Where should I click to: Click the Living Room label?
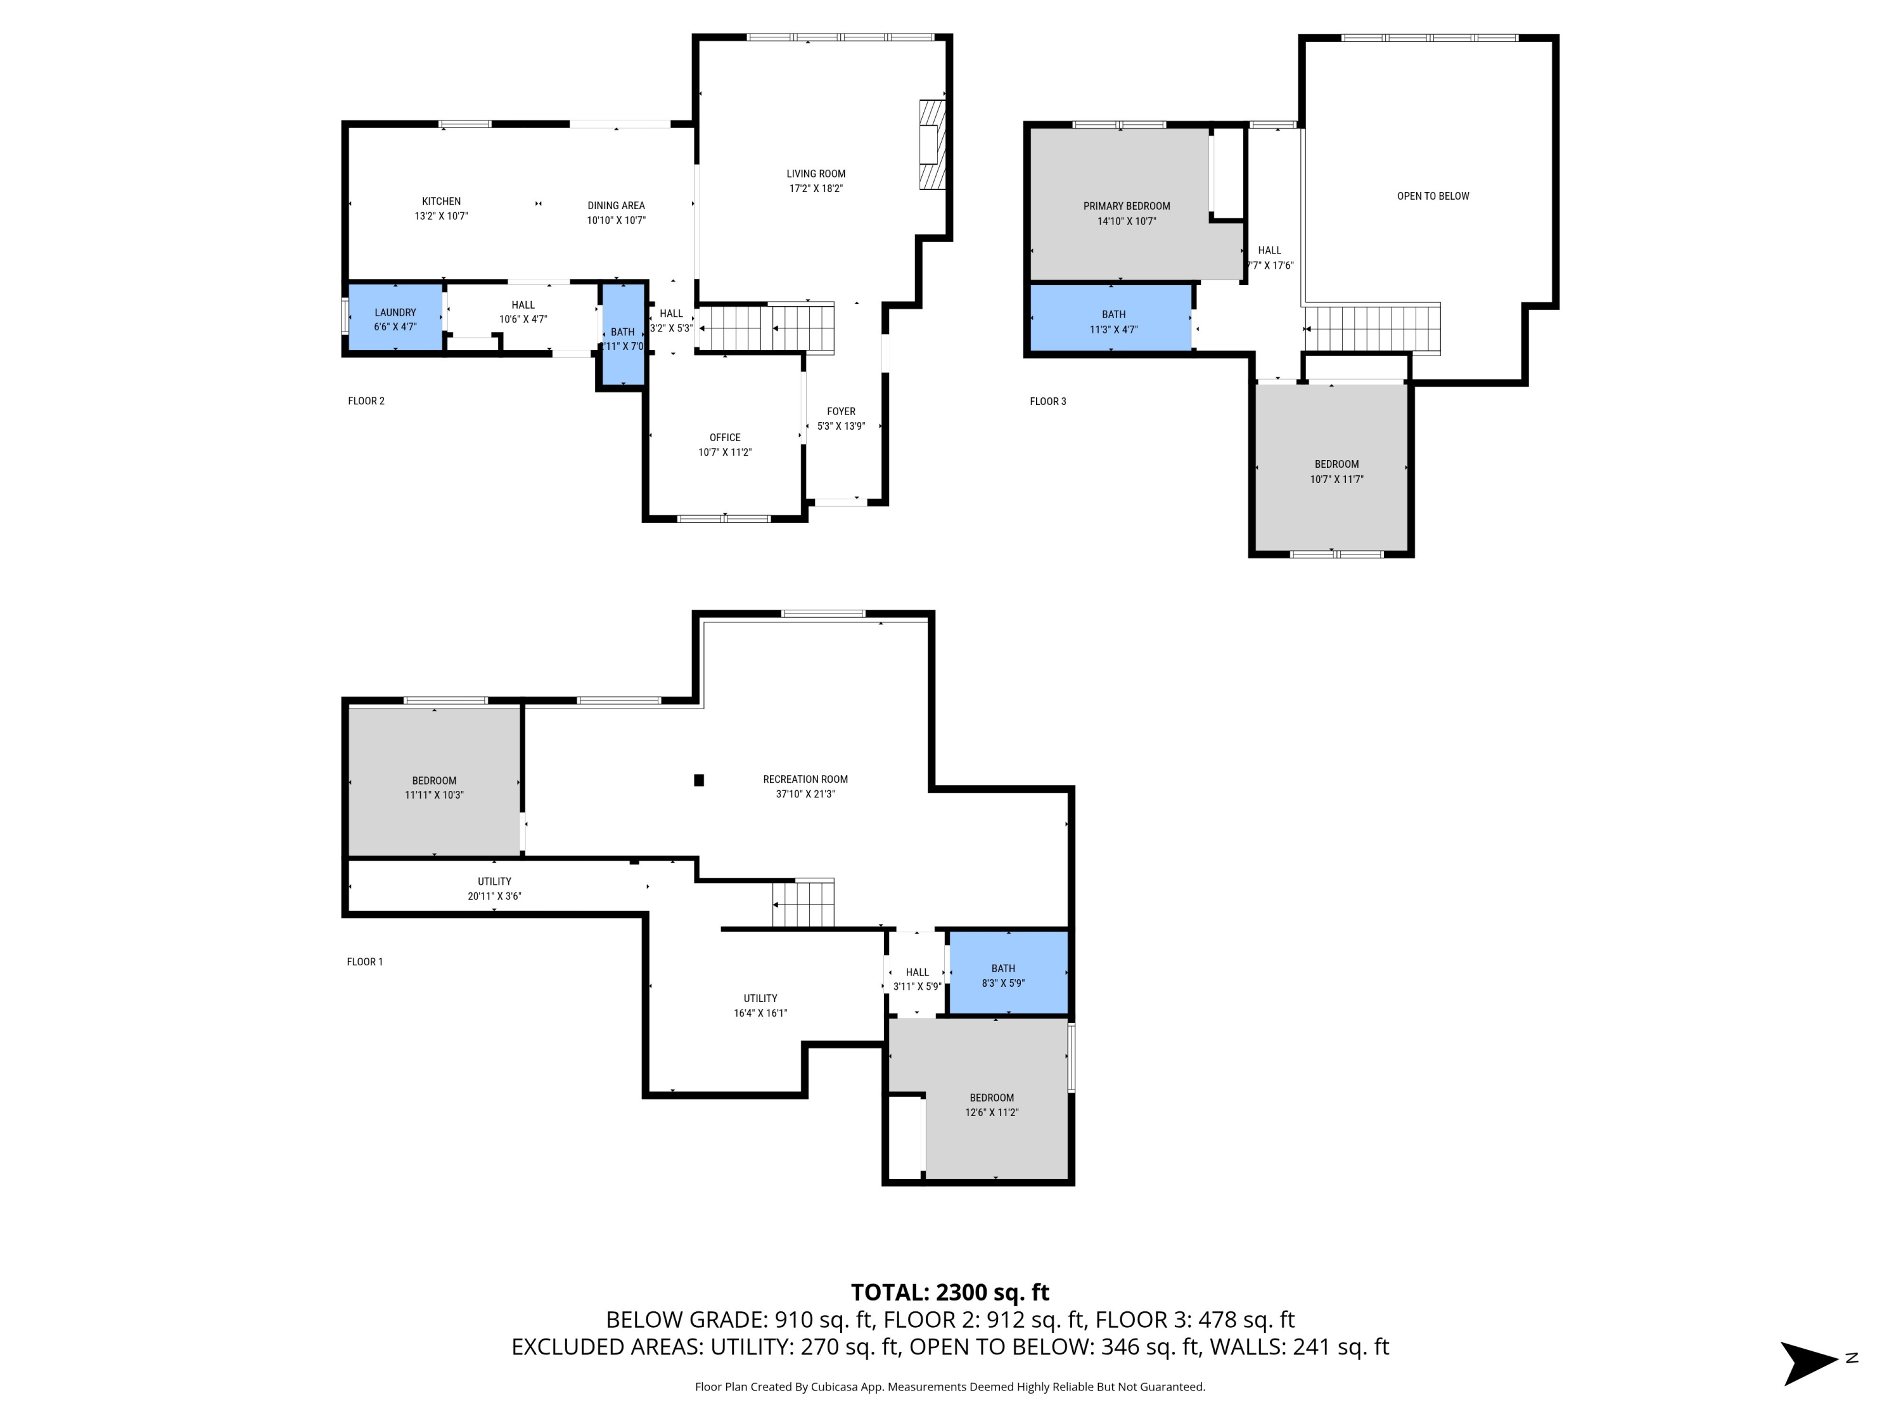point(815,174)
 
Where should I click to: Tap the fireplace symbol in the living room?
point(931,145)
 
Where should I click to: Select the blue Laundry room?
point(395,318)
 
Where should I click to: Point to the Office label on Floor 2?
point(724,437)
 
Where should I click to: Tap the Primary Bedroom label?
point(1126,206)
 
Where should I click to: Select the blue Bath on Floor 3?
point(1112,321)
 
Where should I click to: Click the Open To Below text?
point(1433,196)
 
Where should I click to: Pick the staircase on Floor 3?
point(1372,328)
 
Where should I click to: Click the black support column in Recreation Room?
point(699,780)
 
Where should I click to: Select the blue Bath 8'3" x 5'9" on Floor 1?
point(1006,974)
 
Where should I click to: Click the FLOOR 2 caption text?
point(366,401)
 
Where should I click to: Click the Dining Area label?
point(615,205)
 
